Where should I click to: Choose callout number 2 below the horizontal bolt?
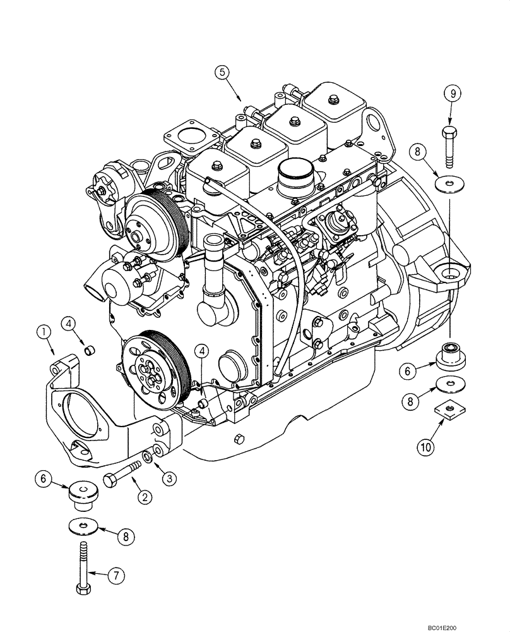tap(146, 497)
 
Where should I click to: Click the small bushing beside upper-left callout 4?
tap(89, 349)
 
